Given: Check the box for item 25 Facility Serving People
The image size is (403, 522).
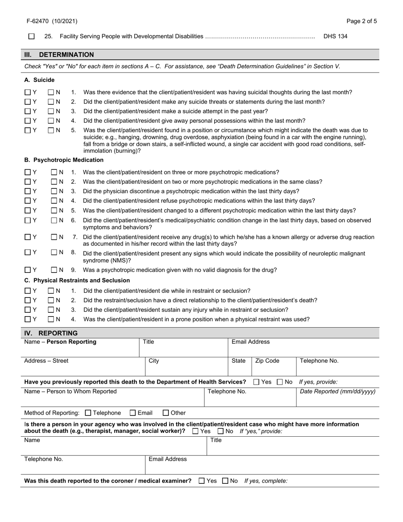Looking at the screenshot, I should (31, 36).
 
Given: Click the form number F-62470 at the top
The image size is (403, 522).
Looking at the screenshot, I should (52, 21).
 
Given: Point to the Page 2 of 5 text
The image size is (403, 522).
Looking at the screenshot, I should (361, 21).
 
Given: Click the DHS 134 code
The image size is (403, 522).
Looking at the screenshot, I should (335, 36).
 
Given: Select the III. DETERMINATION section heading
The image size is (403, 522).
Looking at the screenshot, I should (59, 55).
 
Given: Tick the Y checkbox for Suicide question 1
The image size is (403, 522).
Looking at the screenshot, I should (28, 92).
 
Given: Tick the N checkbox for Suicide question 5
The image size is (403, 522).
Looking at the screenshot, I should (51, 130).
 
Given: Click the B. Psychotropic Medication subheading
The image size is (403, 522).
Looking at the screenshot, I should (64, 160).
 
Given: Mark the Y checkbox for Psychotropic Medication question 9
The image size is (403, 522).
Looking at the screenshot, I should (28, 270).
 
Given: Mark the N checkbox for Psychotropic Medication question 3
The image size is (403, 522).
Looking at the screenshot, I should (54, 191).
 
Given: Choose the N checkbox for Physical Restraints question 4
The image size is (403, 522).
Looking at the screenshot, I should (51, 319).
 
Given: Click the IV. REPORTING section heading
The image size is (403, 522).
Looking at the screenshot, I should (51, 333).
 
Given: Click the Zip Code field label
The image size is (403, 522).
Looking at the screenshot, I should (267, 361).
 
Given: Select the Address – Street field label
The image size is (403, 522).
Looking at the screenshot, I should (46, 361).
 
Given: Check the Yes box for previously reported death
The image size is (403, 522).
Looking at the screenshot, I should (256, 382).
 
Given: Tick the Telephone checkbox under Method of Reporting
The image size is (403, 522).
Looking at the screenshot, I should (88, 413).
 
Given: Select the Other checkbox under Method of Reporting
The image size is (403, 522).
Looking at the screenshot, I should (166, 413).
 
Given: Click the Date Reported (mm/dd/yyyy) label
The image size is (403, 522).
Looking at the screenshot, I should (337, 391).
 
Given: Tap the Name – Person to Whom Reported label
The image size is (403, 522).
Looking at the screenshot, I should (70, 391).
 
